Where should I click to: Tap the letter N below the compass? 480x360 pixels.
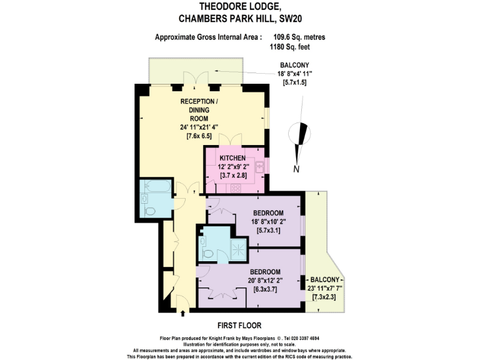click(297, 168)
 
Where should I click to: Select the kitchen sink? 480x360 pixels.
click(259, 166)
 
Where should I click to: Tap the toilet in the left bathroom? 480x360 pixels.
click(150, 211)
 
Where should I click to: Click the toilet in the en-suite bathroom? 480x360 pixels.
click(207, 253)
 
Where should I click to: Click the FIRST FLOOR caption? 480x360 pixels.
click(239, 326)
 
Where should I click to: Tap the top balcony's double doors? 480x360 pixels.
click(195, 78)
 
